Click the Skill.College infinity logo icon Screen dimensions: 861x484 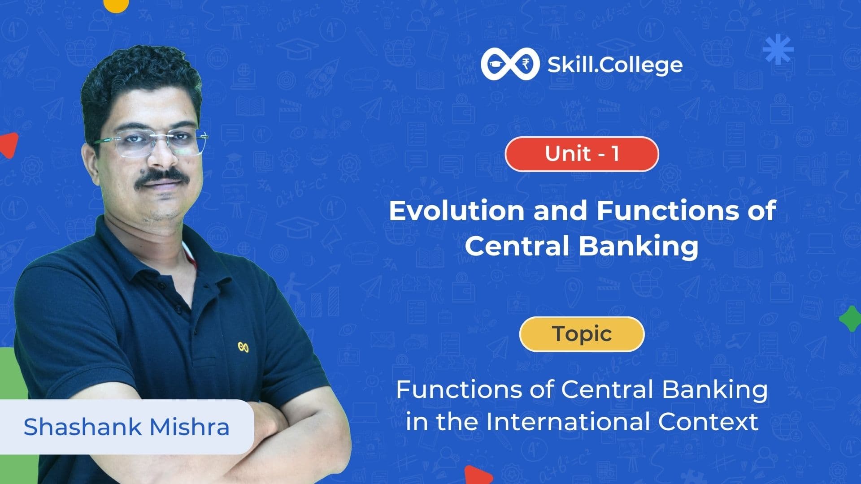point(510,65)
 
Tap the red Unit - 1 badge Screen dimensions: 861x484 point(582,154)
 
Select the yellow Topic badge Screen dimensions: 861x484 point(582,334)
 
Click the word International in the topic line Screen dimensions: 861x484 point(569,422)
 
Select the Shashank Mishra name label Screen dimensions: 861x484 point(126,427)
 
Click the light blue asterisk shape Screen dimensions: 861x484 point(778,48)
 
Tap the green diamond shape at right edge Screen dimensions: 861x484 point(850,319)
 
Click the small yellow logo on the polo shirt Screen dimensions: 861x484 point(243,347)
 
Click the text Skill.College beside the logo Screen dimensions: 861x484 point(615,65)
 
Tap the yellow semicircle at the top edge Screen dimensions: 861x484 point(116,4)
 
